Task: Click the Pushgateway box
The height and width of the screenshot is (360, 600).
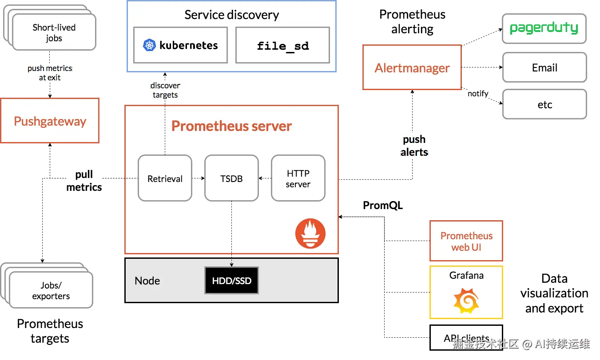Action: point(50,121)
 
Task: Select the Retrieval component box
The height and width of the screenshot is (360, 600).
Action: point(165,178)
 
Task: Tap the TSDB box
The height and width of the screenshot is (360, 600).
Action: point(231,178)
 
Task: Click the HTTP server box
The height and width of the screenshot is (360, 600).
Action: point(298,178)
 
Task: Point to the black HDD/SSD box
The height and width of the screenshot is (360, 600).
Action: point(231,281)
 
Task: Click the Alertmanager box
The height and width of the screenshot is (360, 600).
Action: point(412,68)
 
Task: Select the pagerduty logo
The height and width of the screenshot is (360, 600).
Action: point(544,28)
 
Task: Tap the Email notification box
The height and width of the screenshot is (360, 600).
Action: point(544,67)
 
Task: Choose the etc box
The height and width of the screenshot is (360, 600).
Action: point(544,105)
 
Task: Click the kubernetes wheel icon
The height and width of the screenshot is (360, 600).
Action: point(150,45)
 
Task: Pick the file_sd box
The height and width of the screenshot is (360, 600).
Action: point(282,45)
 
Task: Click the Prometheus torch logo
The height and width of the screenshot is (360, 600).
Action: point(310,233)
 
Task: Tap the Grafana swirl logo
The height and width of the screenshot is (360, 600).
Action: point(466,301)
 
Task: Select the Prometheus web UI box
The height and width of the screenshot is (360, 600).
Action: point(466,241)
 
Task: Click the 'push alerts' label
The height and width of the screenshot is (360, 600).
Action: point(414,146)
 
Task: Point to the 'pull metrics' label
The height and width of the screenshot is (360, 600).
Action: point(84,181)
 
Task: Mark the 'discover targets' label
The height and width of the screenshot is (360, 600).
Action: point(165,90)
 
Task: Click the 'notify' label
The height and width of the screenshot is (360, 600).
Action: point(478,93)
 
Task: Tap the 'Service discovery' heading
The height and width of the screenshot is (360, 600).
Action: point(231,15)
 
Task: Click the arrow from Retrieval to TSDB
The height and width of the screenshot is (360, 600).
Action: point(198,178)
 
